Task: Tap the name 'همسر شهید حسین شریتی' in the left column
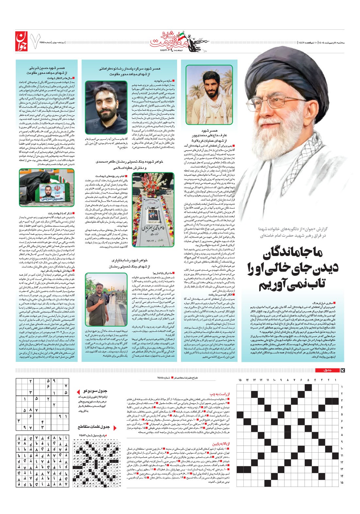48,69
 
